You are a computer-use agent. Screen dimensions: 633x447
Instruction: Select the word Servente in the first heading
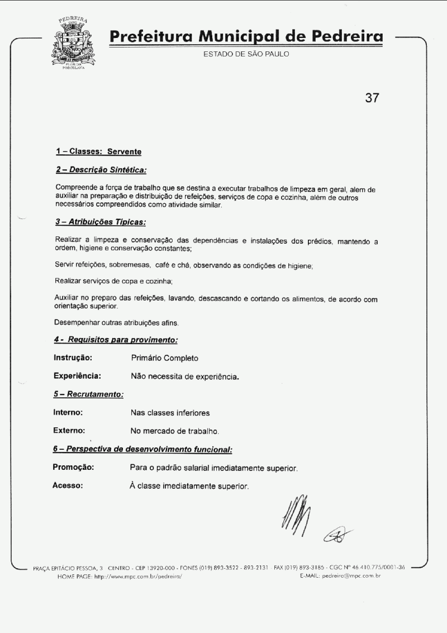(x=124, y=152)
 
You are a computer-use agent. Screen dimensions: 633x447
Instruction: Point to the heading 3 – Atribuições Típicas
(x=101, y=222)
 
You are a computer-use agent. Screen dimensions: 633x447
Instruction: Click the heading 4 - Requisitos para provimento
(x=116, y=340)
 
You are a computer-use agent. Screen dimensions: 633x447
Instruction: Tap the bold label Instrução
(x=73, y=358)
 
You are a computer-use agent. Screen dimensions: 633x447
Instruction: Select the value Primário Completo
(x=165, y=358)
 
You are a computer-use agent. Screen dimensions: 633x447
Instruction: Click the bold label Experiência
(x=77, y=376)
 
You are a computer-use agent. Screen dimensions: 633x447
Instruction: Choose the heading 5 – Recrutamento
(x=89, y=394)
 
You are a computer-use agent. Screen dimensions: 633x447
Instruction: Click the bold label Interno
(x=68, y=413)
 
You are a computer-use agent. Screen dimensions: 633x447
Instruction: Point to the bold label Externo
(x=69, y=431)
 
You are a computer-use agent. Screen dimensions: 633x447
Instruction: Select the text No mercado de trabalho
(x=175, y=431)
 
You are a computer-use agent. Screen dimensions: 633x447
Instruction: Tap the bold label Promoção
(x=73, y=467)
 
